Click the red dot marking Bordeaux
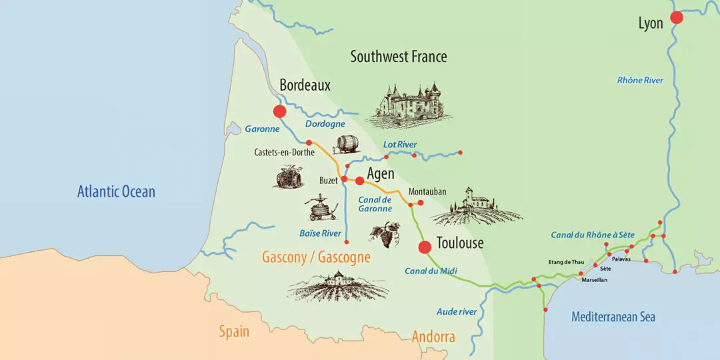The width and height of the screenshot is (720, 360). coord(279,111)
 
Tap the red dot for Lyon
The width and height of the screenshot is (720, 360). coord(677,18)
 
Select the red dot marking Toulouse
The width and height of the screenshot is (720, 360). coord(425,247)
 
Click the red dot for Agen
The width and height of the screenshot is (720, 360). coord(359,181)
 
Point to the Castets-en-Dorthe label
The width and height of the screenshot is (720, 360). coord(284,153)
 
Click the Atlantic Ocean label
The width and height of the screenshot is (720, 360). coord(116,192)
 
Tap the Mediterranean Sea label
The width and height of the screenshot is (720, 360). coord(613,317)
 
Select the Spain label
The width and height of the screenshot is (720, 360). coord(234,331)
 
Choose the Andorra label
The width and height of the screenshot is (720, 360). coord(433,337)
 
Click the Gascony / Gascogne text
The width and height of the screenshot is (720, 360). coord(316,257)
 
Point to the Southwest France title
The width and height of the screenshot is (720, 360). coord(399,57)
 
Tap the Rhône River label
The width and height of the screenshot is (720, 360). coord(640,80)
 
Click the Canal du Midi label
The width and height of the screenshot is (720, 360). coord(430,271)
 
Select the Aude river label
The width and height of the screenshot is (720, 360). coord(457,311)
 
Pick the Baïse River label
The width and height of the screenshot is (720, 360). coord(320,233)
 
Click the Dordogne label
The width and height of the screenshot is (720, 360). coord(325,124)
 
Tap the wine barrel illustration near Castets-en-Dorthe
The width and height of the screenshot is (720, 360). coord(347,144)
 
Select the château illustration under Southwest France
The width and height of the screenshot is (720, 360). coord(408,105)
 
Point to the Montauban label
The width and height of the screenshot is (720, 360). coord(427,192)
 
